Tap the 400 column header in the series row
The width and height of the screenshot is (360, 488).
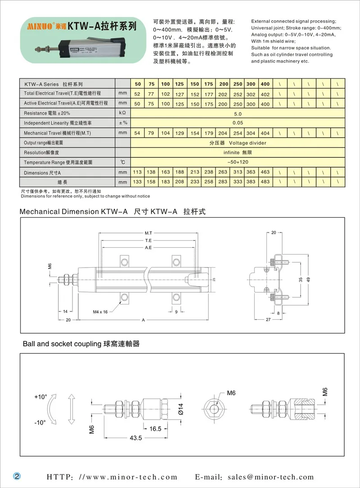coord(265,84)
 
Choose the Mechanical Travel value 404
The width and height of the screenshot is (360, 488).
coord(265,134)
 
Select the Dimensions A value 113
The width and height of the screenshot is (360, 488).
coord(137,172)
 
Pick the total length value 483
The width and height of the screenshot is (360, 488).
coord(265,182)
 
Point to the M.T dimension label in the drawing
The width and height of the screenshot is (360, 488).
coord(148,233)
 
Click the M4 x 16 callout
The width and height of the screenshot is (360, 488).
coord(100,312)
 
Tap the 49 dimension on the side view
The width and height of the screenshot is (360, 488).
coord(309,280)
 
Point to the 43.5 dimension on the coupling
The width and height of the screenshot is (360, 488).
coord(135,438)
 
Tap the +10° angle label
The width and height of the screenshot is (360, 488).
coord(40,397)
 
